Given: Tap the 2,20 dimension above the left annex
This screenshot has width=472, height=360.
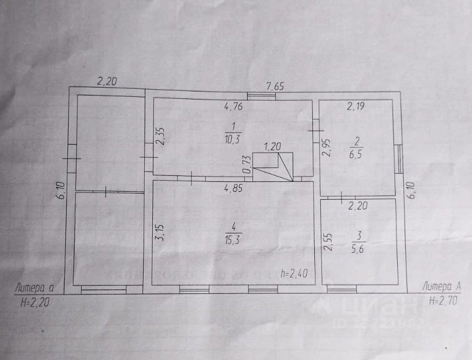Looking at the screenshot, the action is point(107,82).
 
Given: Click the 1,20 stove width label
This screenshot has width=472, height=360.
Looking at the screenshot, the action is point(273,147).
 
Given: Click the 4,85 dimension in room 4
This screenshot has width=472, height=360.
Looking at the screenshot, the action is point(234,189).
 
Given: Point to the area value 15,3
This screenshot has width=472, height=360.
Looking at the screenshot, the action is point(234,238).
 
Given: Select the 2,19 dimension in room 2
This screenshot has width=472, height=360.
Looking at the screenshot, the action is point(356,107).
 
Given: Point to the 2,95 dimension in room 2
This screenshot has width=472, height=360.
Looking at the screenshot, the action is point(326,147).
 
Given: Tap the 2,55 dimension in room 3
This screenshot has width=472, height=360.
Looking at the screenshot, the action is point(327,242).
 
